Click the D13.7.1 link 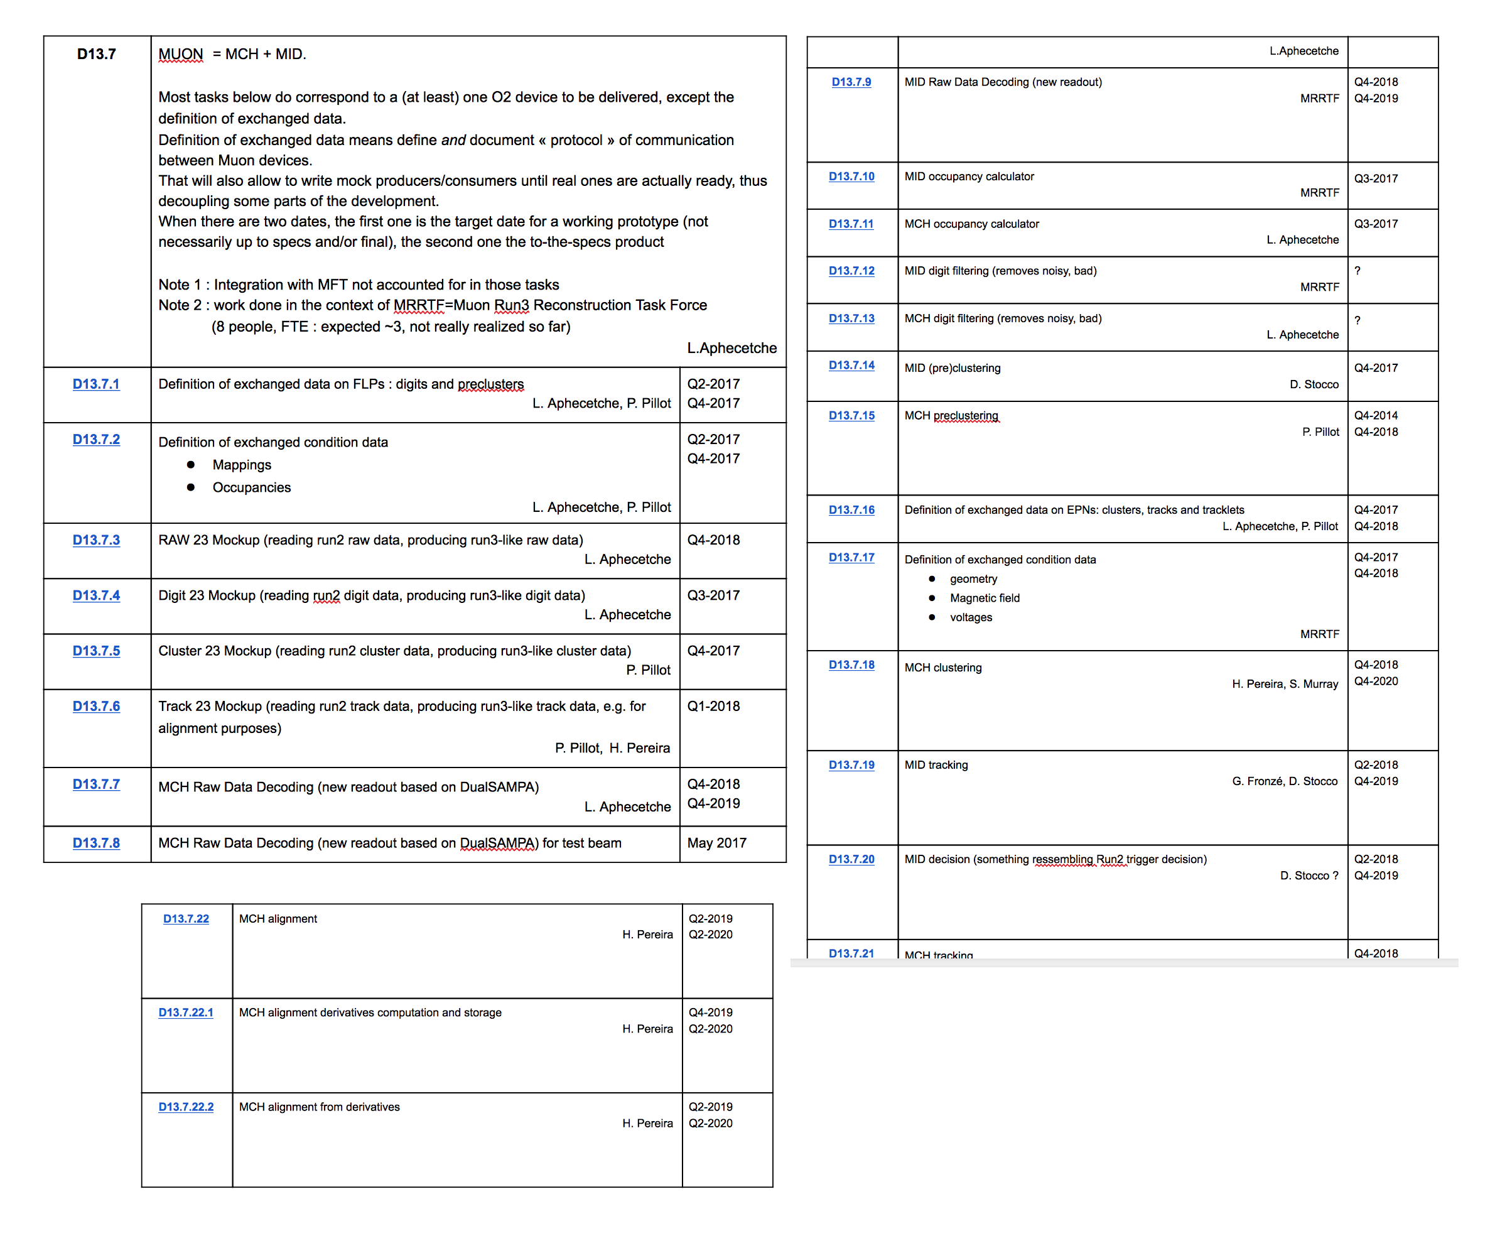tap(96, 384)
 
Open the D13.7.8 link tap(96, 843)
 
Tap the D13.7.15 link tap(851, 415)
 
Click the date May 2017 tap(716, 843)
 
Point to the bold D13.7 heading tap(96, 54)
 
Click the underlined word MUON tap(180, 54)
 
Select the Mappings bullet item tap(241, 465)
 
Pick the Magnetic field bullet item tap(985, 598)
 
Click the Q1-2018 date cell tap(713, 706)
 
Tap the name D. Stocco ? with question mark tap(1309, 876)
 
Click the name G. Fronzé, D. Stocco tap(1284, 781)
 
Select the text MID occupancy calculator tap(969, 176)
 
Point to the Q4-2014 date tap(1376, 415)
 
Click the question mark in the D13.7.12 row tap(1357, 271)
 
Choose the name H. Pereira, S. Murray tap(1284, 683)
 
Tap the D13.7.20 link tap(851, 859)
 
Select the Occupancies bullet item tap(251, 487)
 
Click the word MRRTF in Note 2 tap(419, 305)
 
